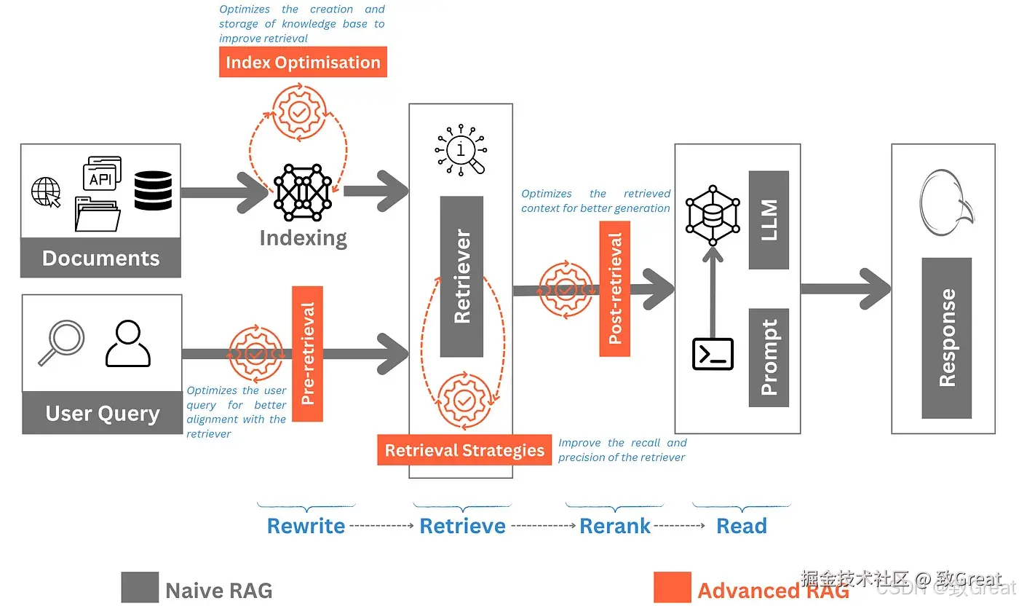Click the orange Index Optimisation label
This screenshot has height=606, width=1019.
[303, 62]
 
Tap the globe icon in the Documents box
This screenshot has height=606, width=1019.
[45, 192]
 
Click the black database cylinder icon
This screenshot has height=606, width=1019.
[153, 191]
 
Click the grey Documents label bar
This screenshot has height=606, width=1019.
[100, 258]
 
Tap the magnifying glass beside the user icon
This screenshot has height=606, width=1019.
[60, 343]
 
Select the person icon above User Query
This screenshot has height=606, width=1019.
[127, 344]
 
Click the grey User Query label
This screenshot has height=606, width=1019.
[102, 413]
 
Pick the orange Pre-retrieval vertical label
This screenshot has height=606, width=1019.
[307, 354]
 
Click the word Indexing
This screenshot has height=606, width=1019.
[303, 237]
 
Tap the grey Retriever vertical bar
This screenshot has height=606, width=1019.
[461, 276]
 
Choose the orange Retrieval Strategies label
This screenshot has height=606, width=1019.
[464, 450]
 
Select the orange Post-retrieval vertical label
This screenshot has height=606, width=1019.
[615, 288]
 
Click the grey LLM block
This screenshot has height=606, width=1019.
[769, 220]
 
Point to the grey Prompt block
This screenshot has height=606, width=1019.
[769, 358]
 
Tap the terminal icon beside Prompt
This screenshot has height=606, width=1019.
[713, 355]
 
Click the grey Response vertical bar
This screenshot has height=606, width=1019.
[946, 338]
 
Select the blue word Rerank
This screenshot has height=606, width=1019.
[615, 526]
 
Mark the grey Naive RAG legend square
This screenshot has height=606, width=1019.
[140, 588]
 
